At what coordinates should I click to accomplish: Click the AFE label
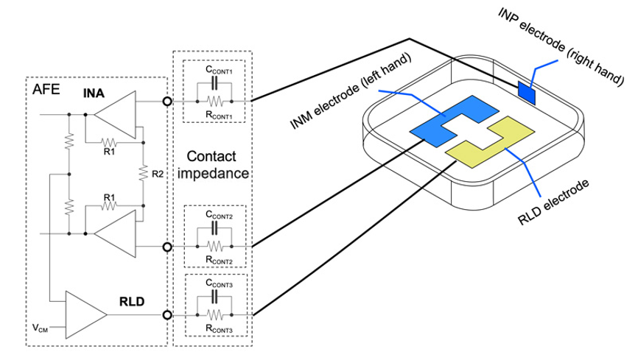click(x=46, y=89)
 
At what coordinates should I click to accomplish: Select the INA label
click(x=94, y=93)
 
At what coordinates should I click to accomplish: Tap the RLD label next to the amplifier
click(x=132, y=301)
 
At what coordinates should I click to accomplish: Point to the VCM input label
click(x=41, y=328)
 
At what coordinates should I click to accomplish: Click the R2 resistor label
click(x=158, y=174)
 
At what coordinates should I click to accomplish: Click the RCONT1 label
click(x=219, y=115)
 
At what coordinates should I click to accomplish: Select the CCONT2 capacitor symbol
click(x=214, y=230)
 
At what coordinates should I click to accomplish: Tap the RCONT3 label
click(x=219, y=328)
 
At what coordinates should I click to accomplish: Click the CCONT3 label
click(x=219, y=283)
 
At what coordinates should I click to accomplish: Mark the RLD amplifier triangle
click(x=86, y=315)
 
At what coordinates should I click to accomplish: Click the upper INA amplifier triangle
click(x=115, y=115)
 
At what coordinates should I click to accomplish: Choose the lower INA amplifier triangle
click(x=115, y=233)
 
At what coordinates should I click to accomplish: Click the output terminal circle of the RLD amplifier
click(x=166, y=315)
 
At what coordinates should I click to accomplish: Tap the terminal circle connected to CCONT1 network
click(x=166, y=102)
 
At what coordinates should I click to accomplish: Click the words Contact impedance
click(x=212, y=165)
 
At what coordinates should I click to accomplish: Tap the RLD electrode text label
click(x=553, y=202)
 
